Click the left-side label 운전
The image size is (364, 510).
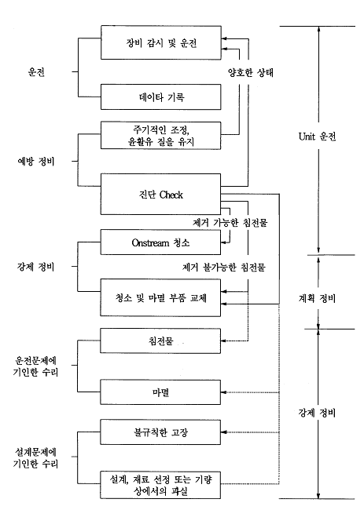point(36,71)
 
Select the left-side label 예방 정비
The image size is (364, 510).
point(36,161)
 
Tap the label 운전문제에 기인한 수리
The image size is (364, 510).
point(35,366)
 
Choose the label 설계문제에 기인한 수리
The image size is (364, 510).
point(35,457)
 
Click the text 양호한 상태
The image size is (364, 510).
point(251,72)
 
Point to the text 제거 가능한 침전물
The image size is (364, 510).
point(230,223)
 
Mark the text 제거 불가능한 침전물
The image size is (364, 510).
point(224,267)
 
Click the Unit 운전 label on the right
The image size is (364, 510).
point(317,137)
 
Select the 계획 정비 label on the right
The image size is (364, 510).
point(317,298)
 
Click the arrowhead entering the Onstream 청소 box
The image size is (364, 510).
point(223,242)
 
